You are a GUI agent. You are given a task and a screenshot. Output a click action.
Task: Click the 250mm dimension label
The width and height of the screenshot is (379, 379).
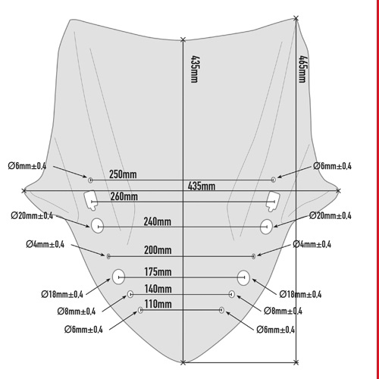coord(123,174)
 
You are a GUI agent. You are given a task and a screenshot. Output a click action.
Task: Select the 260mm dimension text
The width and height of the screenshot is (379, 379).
coord(124,196)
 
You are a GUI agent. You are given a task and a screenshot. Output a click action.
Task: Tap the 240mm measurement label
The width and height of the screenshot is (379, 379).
coord(158,221)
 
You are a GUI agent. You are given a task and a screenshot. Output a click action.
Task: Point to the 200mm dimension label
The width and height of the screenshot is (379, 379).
coord(158,250)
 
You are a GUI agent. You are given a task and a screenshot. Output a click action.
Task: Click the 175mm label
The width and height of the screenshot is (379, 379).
coord(158,272)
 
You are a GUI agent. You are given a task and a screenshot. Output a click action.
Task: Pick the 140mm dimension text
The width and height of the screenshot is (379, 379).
coord(158,289)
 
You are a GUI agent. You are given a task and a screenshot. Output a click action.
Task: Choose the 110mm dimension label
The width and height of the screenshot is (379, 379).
coord(158,304)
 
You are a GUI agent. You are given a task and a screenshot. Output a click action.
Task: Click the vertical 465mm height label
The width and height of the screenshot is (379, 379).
coord(302,69)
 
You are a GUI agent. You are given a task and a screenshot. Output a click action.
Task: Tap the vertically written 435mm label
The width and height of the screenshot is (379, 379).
coord(195,69)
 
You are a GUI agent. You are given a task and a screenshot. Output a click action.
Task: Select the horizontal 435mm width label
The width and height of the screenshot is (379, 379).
coord(202,186)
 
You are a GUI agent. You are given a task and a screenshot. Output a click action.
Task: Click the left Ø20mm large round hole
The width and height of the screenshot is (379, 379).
coord(97,226)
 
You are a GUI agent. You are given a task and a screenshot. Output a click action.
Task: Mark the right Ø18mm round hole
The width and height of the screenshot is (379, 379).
coord(243,277)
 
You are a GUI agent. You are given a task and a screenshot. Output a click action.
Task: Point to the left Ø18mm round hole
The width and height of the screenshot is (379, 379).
coord(118,277)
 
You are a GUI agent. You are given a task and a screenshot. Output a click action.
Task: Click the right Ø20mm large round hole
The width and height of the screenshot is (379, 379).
coord(266,227)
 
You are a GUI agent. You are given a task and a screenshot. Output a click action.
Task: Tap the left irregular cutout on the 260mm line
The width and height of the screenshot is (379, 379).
coord(90,200)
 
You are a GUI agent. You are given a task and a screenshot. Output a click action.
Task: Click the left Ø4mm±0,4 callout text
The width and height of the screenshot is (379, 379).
coord(45,244)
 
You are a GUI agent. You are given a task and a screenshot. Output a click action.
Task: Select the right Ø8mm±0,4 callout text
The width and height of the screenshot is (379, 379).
coord(283,311)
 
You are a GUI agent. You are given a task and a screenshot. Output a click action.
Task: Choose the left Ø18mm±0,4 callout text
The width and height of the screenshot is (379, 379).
coord(62,294)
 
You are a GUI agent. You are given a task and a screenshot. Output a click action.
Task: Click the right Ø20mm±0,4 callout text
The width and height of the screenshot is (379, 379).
coord(330,215)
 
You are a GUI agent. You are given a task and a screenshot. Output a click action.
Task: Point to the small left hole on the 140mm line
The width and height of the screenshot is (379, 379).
coord(130,294)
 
